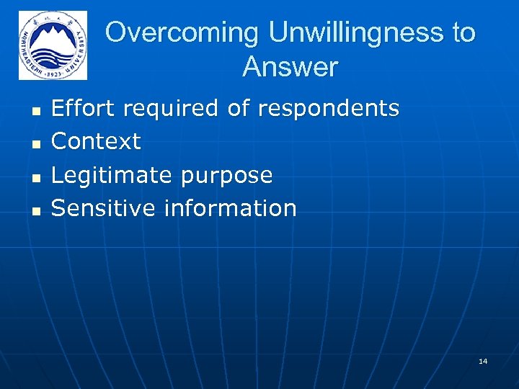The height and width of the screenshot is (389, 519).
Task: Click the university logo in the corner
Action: click(x=53, y=45)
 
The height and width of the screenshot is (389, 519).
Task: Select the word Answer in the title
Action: click(x=290, y=67)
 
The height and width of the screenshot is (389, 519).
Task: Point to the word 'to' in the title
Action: click(x=462, y=33)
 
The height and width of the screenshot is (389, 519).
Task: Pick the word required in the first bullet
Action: click(x=171, y=109)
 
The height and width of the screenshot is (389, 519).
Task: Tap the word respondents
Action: click(x=328, y=109)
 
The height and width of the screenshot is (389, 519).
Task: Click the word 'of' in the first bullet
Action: click(x=239, y=108)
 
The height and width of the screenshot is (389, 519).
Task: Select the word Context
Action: click(x=96, y=141)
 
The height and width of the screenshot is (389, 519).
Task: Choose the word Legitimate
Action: click(x=111, y=175)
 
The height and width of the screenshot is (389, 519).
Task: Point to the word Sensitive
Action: click(x=104, y=208)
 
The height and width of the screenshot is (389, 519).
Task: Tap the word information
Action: click(x=230, y=208)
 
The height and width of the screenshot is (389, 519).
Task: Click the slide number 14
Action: click(x=482, y=360)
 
